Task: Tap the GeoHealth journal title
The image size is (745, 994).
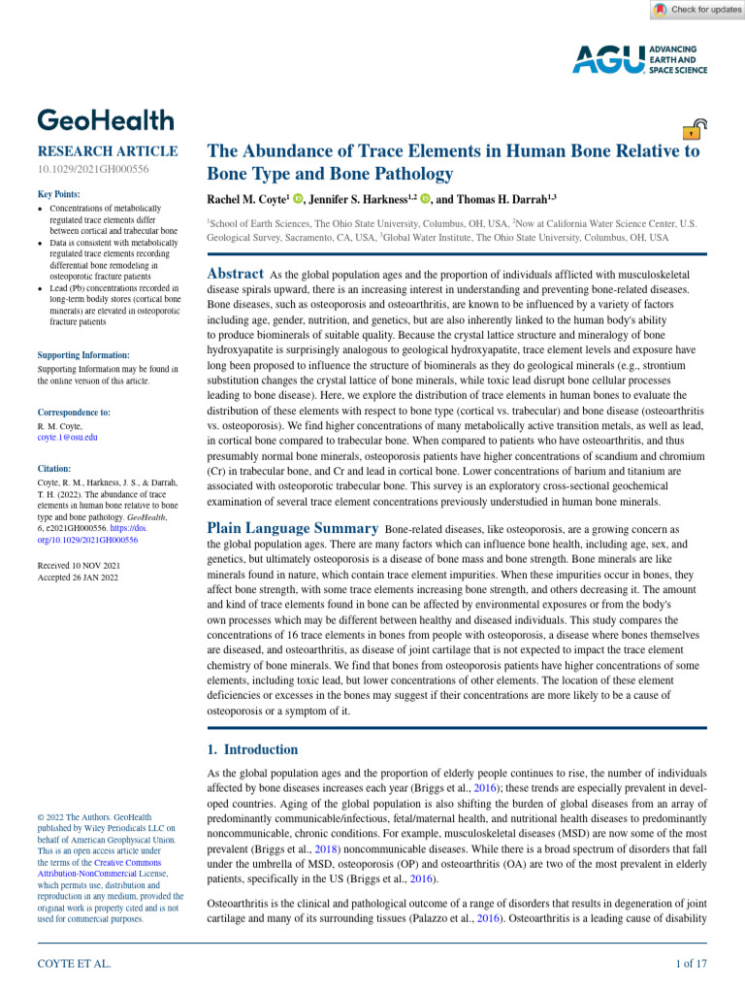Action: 106,120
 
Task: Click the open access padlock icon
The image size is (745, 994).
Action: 695,131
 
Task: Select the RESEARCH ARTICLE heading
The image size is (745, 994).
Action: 107,151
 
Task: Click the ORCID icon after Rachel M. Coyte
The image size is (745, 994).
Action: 298,198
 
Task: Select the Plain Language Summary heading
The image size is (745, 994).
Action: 293,528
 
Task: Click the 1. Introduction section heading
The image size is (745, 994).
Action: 253,749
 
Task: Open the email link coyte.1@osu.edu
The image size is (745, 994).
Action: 67,438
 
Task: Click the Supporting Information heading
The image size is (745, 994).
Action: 82,355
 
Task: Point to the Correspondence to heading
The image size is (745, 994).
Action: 74,413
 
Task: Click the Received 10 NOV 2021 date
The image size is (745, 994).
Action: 79,564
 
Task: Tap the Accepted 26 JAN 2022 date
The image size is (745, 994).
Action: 78,577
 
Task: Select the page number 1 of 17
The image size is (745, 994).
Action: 691,964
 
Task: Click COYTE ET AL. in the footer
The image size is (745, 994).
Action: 74,964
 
